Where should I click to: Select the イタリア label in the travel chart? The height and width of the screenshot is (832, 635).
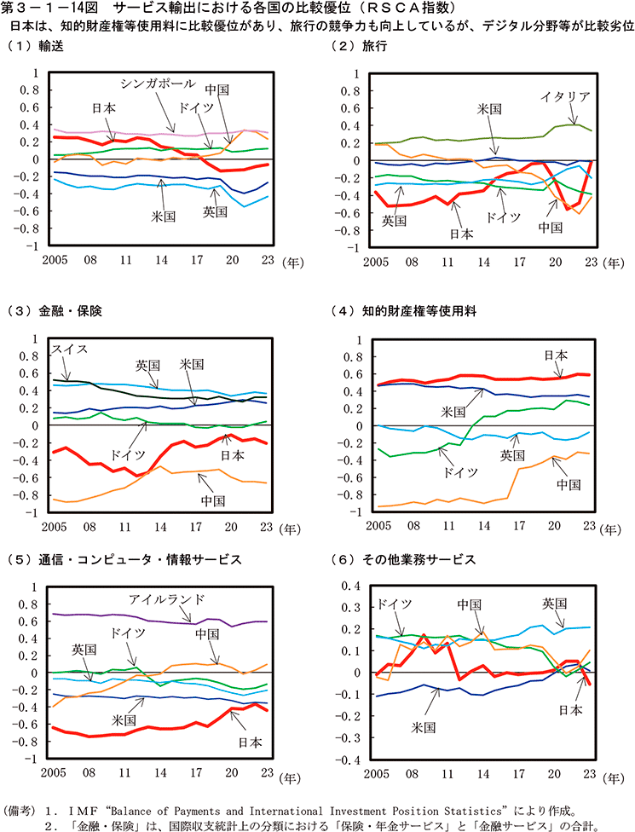pyautogui.click(x=565, y=96)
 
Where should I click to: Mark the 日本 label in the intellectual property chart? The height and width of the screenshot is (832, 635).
pyautogui.click(x=556, y=355)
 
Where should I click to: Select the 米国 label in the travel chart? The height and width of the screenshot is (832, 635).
pyautogui.click(x=489, y=109)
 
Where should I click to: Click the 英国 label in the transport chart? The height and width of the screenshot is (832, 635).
pyautogui.click(x=215, y=210)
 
